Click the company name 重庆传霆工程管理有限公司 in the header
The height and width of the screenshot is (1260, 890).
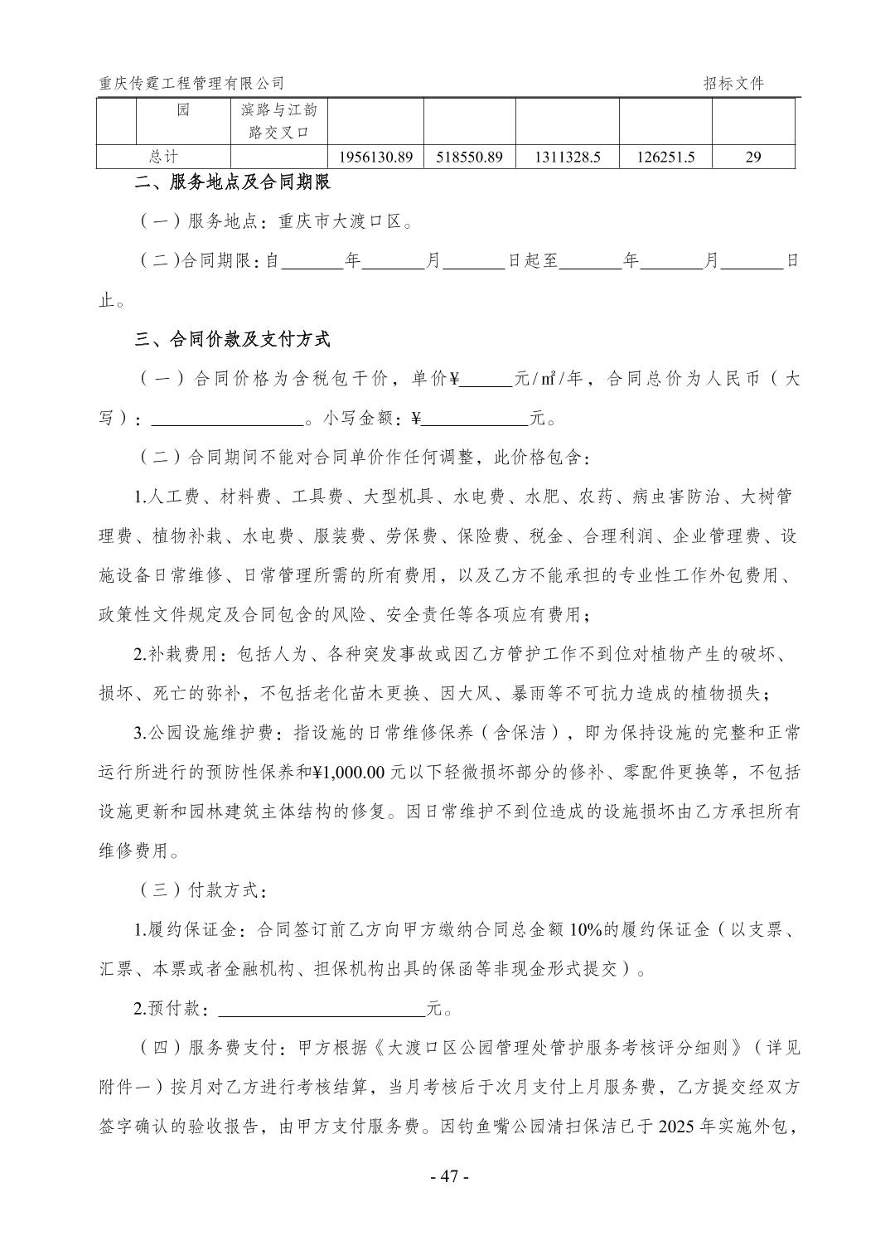(x=191, y=83)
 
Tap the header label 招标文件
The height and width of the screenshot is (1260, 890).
(x=733, y=83)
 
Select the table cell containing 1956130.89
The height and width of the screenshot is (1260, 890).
(x=376, y=157)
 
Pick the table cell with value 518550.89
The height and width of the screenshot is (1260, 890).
(x=469, y=157)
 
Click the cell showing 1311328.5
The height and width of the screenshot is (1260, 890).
(x=567, y=157)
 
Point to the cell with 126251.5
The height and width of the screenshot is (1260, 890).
(x=665, y=157)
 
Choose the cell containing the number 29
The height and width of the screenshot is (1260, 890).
(x=752, y=157)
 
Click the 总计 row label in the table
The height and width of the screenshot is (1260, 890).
(x=163, y=157)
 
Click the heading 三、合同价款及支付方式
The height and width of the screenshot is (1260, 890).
(x=233, y=339)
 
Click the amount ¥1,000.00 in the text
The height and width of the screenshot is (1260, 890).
(x=347, y=773)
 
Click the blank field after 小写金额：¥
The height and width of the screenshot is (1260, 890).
(x=475, y=419)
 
